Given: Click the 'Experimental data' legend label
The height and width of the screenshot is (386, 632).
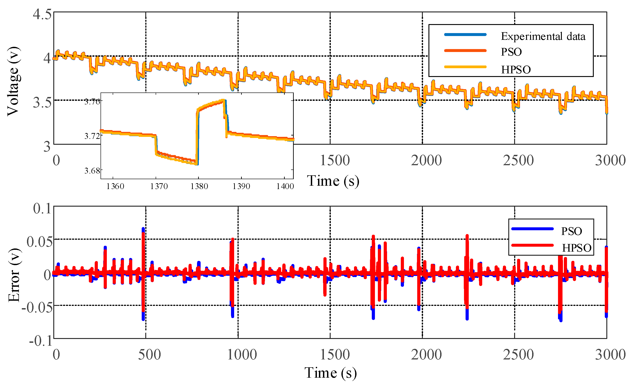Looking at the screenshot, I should [x=543, y=36].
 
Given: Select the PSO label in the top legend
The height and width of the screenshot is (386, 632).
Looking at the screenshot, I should [x=511, y=52].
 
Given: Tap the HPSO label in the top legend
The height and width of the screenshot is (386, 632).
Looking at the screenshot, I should [x=516, y=70].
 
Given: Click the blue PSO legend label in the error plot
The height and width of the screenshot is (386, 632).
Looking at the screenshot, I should [x=571, y=231].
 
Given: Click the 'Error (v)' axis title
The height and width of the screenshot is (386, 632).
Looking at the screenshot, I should [x=14, y=275].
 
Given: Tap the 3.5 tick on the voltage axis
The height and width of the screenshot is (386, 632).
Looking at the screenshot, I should [x=42, y=102].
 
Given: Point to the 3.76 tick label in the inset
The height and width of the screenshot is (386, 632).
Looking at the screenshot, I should [x=92, y=102].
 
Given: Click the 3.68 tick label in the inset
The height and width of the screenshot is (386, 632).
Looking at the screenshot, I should [x=92, y=170].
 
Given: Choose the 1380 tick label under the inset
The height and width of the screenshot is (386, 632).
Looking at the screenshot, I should [x=199, y=186].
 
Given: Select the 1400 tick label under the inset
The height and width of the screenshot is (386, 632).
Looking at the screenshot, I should [x=285, y=186].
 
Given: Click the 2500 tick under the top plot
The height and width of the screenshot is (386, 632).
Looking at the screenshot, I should [x=518, y=160].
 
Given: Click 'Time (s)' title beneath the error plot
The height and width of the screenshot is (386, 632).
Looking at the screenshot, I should [x=330, y=373].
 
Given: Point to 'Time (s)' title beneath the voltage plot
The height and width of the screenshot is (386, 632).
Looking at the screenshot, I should [x=333, y=181].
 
